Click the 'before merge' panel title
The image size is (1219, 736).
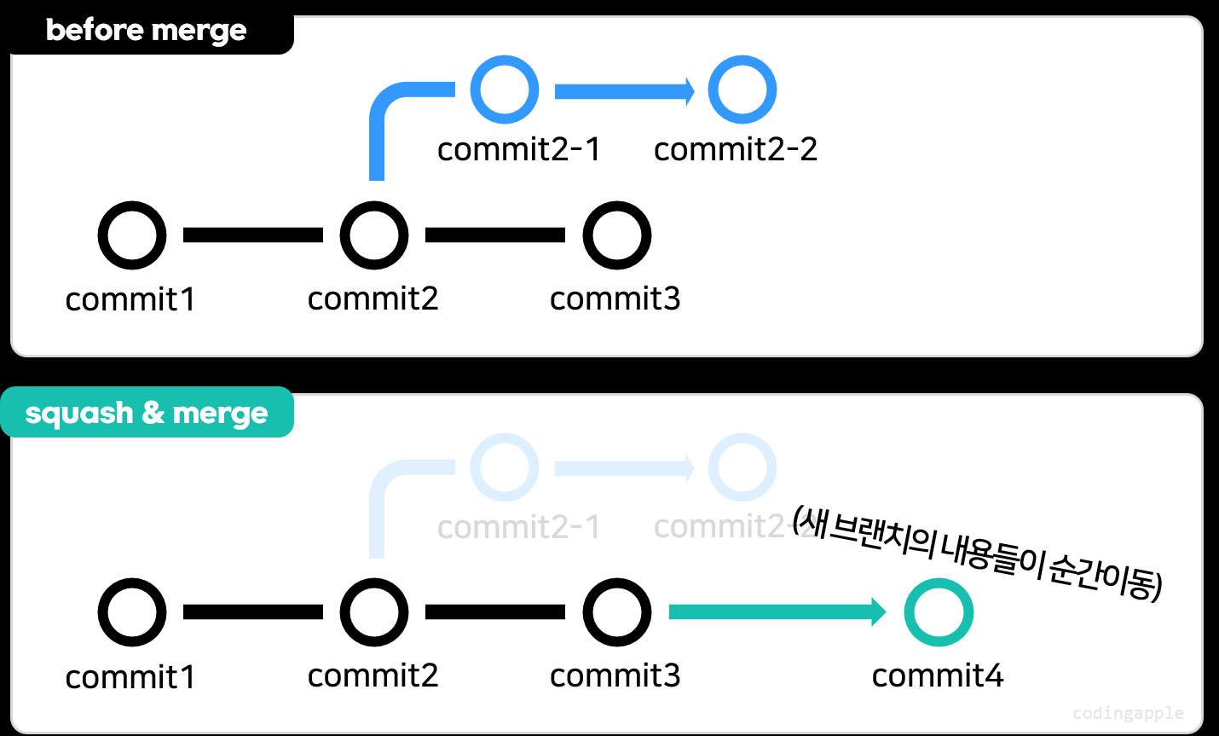click(146, 31)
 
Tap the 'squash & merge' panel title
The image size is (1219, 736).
click(147, 413)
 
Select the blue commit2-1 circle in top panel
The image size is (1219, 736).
click(505, 90)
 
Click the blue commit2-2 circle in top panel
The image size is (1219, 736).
click(742, 90)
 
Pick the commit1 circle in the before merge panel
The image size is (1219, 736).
click(132, 235)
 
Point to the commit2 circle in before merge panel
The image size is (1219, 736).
click(374, 235)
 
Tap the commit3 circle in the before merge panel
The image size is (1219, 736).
click(617, 235)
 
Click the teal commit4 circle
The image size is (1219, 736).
click(939, 612)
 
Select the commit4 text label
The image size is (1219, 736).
click(938, 675)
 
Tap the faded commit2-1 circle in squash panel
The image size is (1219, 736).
click(505, 467)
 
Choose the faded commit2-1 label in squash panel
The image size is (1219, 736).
click(519, 527)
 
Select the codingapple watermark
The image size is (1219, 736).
click(1128, 713)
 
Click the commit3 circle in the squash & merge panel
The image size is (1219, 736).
click(617, 612)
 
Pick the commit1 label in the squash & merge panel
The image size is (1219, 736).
click(130, 677)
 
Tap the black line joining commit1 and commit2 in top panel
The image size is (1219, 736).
click(253, 235)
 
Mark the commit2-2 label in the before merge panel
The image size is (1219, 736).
click(736, 149)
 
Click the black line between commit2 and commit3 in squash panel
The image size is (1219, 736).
click(495, 612)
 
